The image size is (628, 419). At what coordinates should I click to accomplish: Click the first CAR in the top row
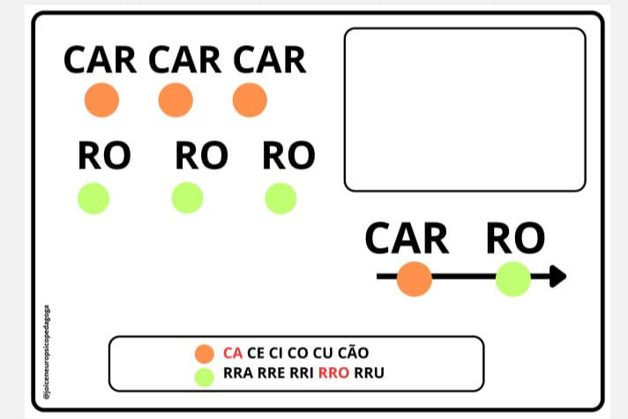tap(101, 60)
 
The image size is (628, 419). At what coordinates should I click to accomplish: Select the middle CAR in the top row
tap(184, 60)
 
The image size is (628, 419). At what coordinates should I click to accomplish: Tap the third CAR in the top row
tap(270, 60)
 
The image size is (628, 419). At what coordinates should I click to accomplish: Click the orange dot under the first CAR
tap(101, 101)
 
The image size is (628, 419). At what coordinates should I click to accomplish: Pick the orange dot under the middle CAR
tap(176, 101)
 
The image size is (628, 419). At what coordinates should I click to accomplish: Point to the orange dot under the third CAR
tap(250, 101)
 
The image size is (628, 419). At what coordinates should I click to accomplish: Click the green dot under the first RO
tap(93, 198)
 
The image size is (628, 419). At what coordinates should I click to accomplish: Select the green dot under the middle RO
tap(188, 198)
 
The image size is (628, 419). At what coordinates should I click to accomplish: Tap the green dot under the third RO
tap(280, 198)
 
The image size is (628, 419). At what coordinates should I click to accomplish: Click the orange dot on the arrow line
tap(415, 280)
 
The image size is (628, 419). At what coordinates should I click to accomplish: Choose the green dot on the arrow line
tap(513, 280)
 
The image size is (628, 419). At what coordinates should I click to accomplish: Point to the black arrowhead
tap(558, 276)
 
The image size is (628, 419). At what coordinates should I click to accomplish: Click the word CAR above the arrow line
tap(407, 238)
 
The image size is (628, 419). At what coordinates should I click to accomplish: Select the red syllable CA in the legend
tap(233, 353)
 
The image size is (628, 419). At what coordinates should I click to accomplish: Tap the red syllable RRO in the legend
tap(334, 373)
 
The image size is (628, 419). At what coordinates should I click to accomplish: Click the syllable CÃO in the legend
tap(353, 353)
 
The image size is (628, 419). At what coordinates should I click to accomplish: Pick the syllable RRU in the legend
tap(370, 373)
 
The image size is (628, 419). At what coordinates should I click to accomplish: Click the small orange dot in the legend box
tap(205, 354)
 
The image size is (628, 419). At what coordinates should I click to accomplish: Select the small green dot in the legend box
tap(205, 378)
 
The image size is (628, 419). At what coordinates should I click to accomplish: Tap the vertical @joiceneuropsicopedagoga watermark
tap(47, 352)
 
